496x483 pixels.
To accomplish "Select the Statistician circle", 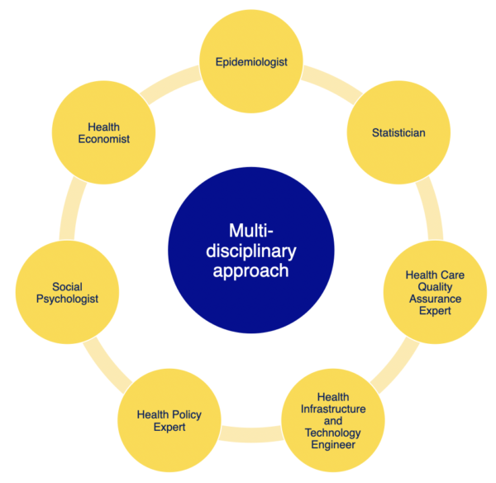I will tap(398, 132).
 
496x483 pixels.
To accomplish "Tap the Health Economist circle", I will tap(103, 132).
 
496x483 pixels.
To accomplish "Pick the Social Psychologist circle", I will tap(69, 293).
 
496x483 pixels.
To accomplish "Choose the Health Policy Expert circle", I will tap(169, 421).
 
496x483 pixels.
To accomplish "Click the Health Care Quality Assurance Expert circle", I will tap(433, 292).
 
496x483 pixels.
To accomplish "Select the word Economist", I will tap(103, 139).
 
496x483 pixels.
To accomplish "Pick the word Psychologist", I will tap(69, 299).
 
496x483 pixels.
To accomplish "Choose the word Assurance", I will tap(433, 298).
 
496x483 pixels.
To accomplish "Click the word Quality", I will tap(433, 286).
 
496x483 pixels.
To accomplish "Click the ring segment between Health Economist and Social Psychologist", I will tap(67, 210).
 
